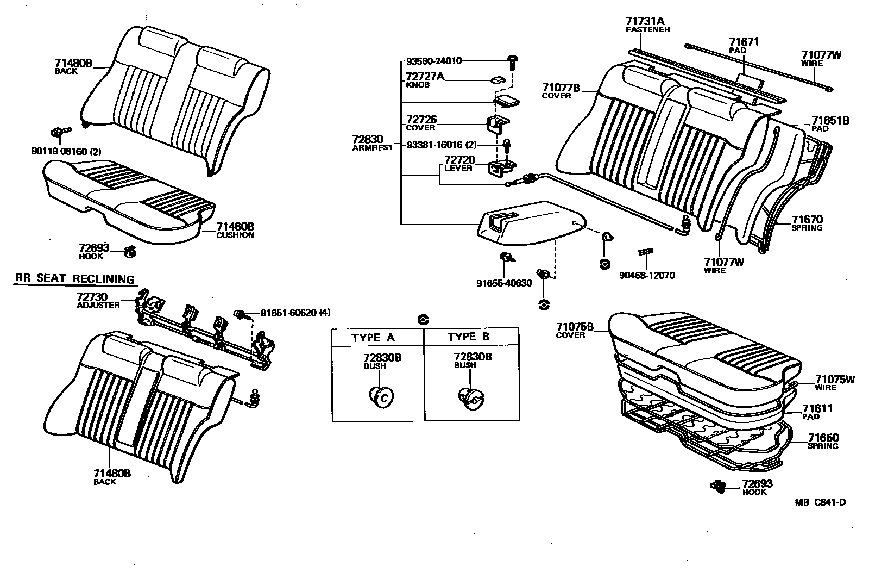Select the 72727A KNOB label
click(424, 80)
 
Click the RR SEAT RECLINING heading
click(74, 279)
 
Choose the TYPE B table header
click(468, 337)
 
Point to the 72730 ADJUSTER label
click(98, 300)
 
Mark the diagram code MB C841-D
click(820, 502)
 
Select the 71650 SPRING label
click(823, 441)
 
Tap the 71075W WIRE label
click(834, 383)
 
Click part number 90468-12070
click(647, 276)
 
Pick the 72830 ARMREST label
click(372, 142)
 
